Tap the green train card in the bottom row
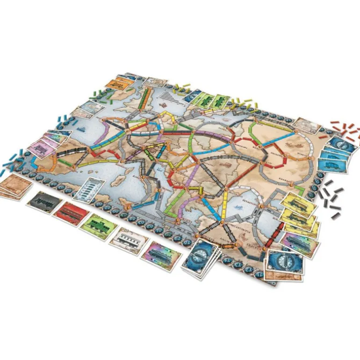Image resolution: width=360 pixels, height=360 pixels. point(98,225)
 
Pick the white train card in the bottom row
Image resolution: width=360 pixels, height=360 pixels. point(129,240)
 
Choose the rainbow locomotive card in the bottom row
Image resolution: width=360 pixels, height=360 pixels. point(162,255)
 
